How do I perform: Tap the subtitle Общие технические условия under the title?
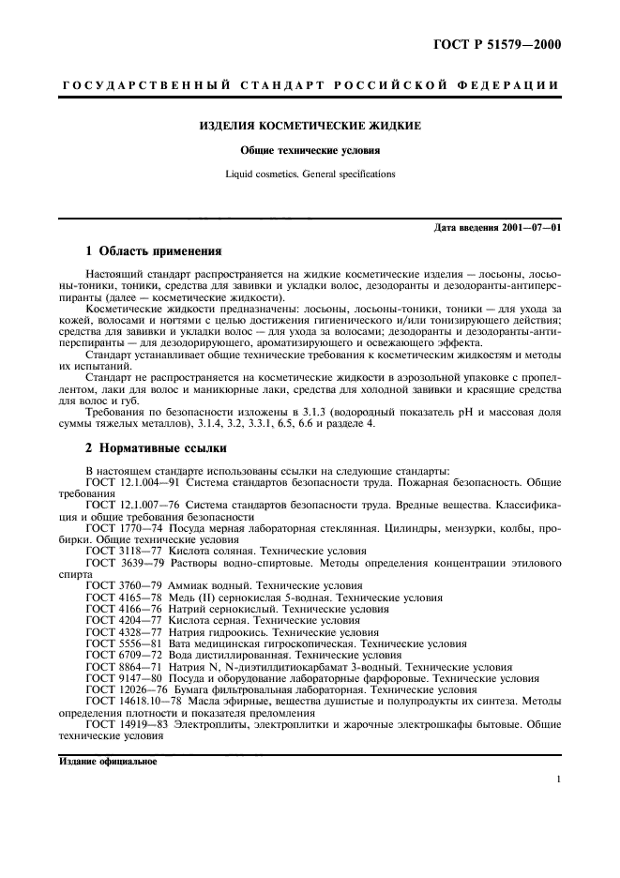coord(311,149)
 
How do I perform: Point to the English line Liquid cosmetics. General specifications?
coord(311,174)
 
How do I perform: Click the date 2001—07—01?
coord(530,228)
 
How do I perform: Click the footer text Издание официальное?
coord(102,762)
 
